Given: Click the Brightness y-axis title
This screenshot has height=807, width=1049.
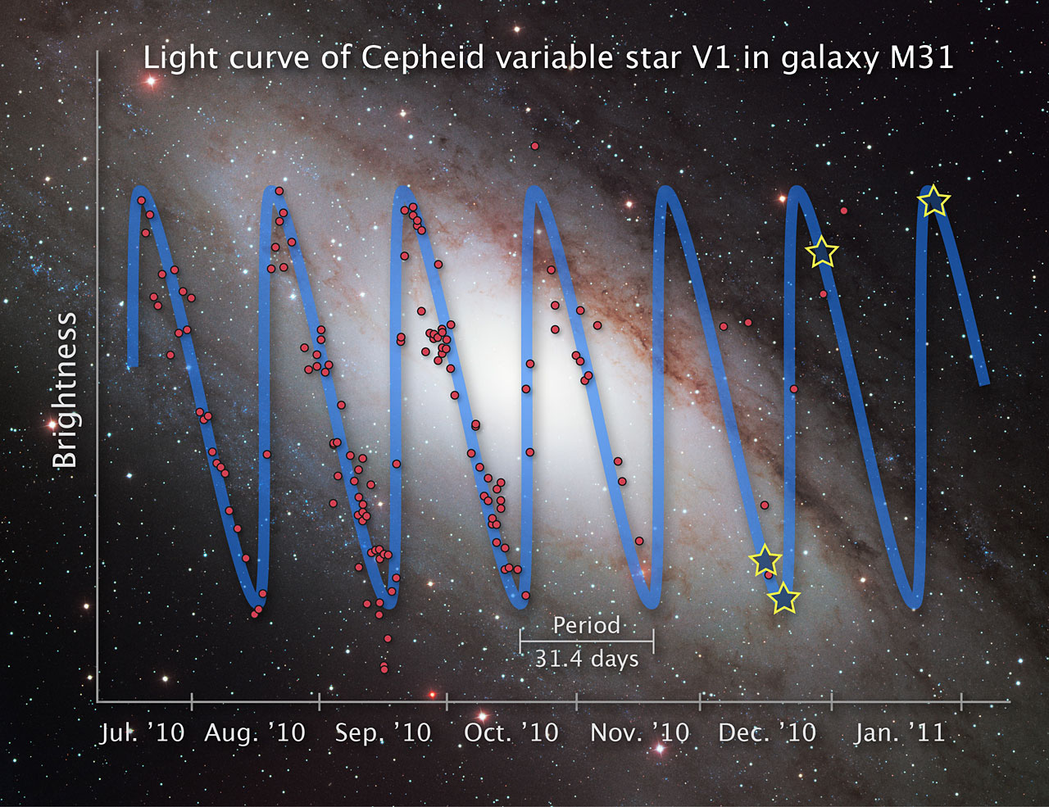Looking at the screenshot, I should (65, 390).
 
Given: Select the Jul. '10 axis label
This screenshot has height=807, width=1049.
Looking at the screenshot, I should (142, 732).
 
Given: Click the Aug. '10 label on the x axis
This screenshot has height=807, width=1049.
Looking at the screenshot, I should (254, 732).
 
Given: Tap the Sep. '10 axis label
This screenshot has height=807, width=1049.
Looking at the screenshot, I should (383, 732).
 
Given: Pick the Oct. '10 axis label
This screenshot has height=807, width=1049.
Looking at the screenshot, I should (511, 732).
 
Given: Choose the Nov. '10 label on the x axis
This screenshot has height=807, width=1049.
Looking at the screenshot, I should (639, 732).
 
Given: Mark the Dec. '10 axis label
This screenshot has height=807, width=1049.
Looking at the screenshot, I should (767, 732).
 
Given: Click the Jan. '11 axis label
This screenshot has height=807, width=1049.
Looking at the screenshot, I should (899, 732).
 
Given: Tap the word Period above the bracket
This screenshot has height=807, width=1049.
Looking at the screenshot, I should (586, 626).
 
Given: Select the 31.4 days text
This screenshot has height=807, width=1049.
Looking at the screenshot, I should (586, 659).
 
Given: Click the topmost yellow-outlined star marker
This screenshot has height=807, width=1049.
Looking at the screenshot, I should (934, 201).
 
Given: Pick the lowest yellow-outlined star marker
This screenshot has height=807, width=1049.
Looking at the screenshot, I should (784, 599).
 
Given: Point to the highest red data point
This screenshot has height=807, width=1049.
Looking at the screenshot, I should (534, 146).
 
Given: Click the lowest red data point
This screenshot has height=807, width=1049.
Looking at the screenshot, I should (384, 669).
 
